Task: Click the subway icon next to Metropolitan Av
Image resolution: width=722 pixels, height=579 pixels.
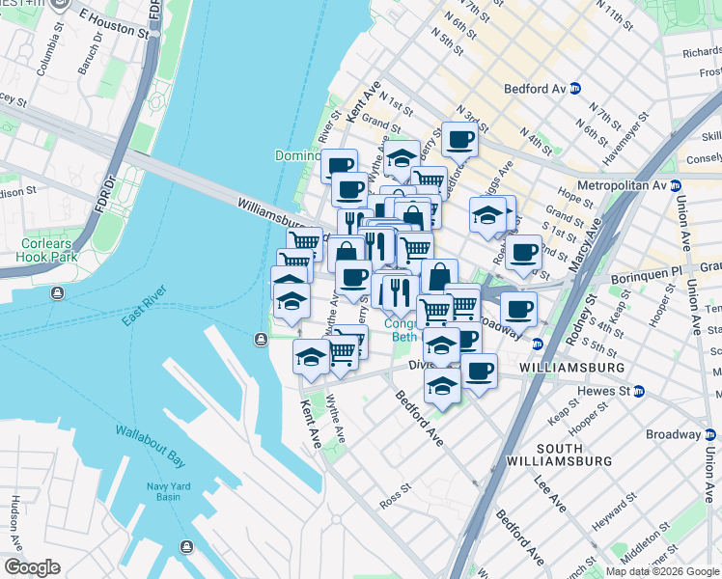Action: coord(676,184)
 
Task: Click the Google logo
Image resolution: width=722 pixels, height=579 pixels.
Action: coord(33,567)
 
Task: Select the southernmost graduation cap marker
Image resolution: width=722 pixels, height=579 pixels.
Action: coord(441,385)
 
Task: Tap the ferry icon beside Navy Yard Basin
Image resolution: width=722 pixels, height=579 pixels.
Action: coord(186,547)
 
